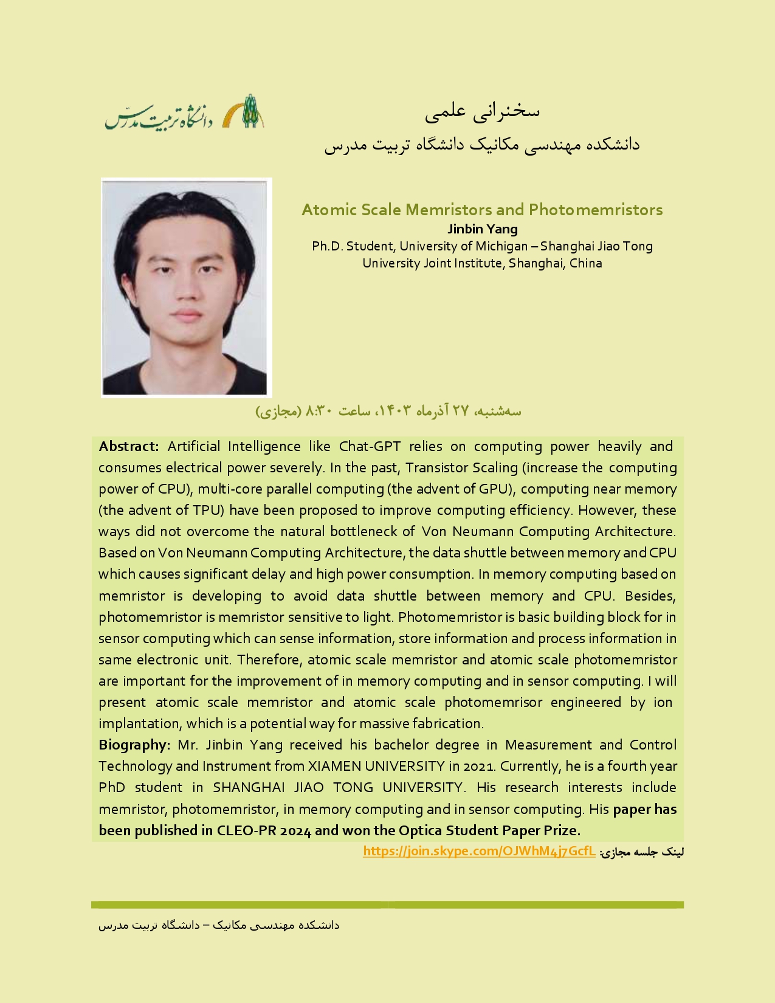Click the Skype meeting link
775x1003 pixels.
pyautogui.click(x=479, y=851)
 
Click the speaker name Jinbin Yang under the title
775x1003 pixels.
pyautogui.click(x=483, y=229)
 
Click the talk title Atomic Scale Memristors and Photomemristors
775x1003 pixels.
pyautogui.click(x=482, y=210)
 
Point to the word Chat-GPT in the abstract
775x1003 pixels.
pyautogui.click(x=370, y=446)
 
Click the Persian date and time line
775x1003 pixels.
pyautogui.click(x=388, y=411)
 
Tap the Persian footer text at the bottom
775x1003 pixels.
pyautogui.click(x=219, y=925)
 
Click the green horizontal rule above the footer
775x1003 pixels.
pyautogui.click(x=387, y=905)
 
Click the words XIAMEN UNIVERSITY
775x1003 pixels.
pyautogui.click(x=376, y=766)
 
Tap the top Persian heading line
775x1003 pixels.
pyautogui.click(x=482, y=111)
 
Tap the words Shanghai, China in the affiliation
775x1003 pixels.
pyautogui.click(x=556, y=263)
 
